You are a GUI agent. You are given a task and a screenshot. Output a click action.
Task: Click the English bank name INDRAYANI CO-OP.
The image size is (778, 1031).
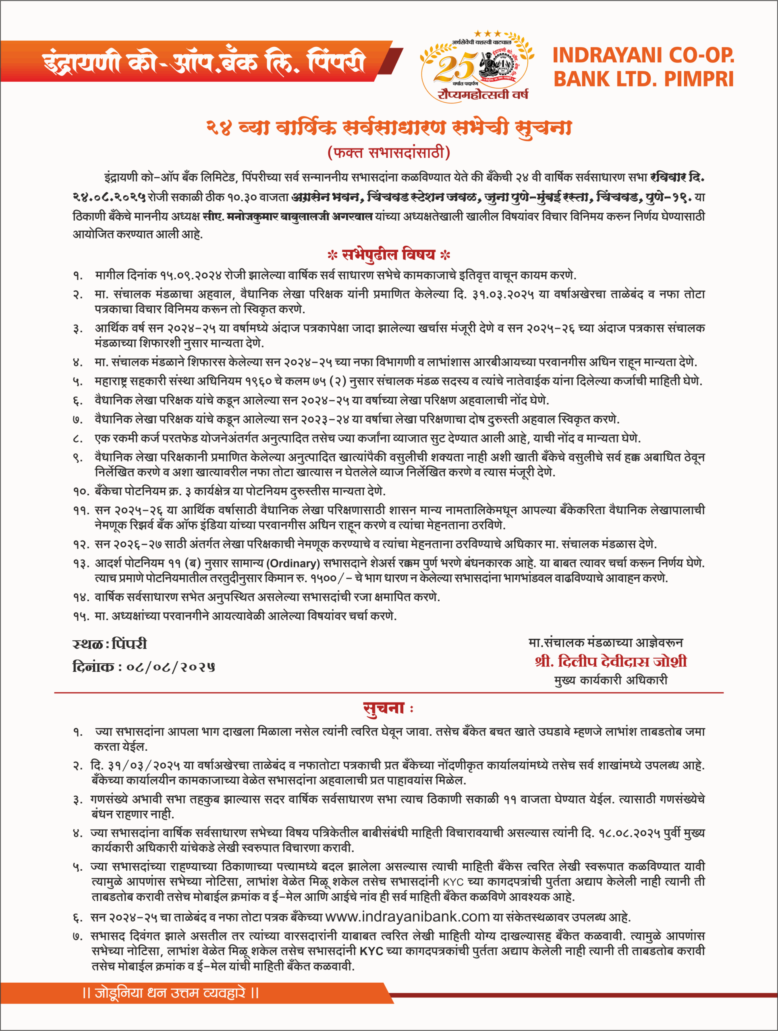(643, 56)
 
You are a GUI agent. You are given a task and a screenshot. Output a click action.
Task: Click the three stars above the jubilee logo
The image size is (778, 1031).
(488, 34)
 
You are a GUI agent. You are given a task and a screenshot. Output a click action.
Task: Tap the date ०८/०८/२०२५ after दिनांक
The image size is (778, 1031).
(170, 667)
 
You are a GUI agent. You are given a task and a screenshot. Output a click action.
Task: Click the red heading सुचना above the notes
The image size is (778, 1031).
(384, 708)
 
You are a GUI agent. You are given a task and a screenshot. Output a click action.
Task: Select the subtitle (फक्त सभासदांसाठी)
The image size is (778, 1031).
(389, 152)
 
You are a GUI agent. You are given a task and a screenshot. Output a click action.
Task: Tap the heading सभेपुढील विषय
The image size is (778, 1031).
(388, 255)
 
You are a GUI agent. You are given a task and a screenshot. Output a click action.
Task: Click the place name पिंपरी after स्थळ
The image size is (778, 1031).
(129, 644)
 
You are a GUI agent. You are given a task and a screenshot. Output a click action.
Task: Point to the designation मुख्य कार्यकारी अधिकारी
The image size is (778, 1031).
(611, 680)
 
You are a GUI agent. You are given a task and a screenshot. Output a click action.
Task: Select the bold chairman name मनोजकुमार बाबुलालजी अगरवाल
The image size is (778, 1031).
(300, 216)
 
